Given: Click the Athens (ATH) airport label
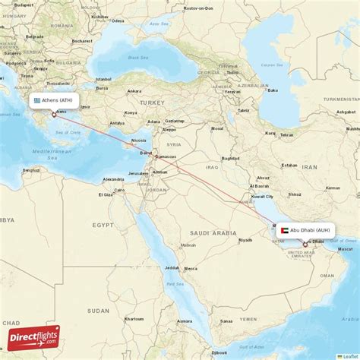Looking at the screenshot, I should (x=58, y=99).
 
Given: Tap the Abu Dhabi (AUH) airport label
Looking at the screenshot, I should (x=310, y=230).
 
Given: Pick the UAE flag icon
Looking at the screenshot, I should (x=283, y=230).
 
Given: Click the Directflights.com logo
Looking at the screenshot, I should (x=33, y=337).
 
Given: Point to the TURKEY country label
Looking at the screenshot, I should (x=151, y=102).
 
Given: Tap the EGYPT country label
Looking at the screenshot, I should (x=103, y=226).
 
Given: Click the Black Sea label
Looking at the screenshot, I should (x=138, y=58).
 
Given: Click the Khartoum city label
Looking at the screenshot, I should (x=134, y=320).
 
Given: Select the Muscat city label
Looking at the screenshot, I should (x=346, y=249).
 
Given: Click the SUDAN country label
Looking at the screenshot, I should (x=98, y=310).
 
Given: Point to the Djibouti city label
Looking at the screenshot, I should (x=219, y=352).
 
